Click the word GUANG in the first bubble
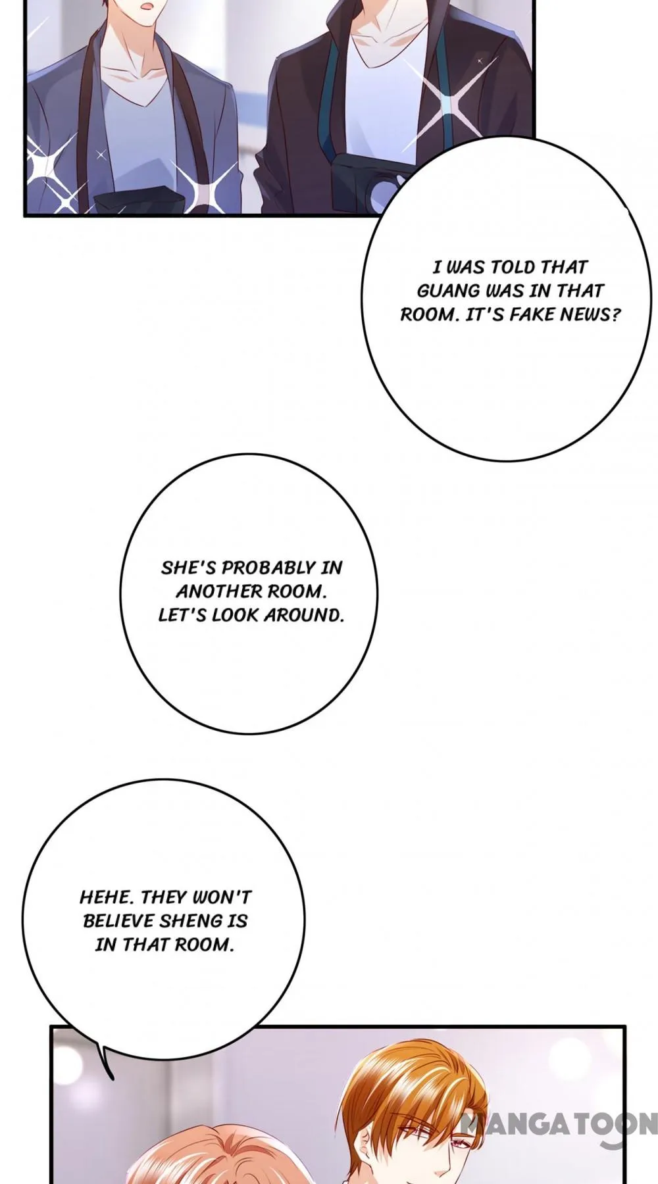click(448, 291)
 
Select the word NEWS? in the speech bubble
click(591, 314)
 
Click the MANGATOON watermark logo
click(560, 1123)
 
